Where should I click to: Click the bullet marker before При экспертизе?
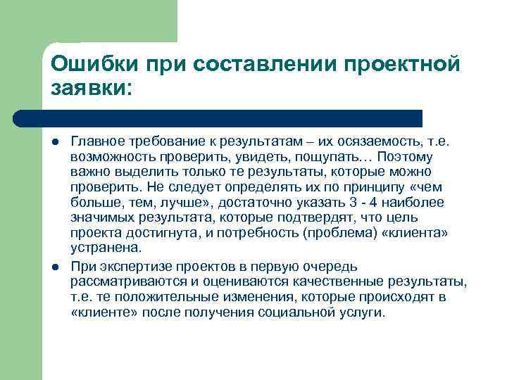pyautogui.click(x=54, y=267)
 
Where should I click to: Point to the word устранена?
pyautogui.click(x=106, y=248)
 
